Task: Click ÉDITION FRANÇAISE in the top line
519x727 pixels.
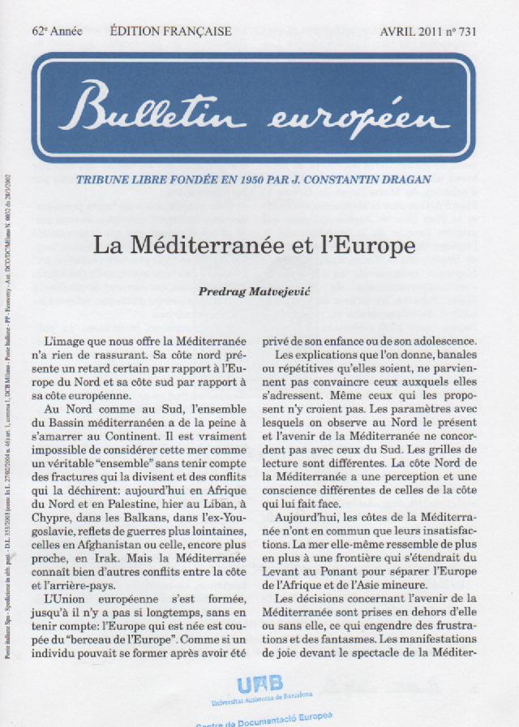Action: [x=170, y=32]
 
